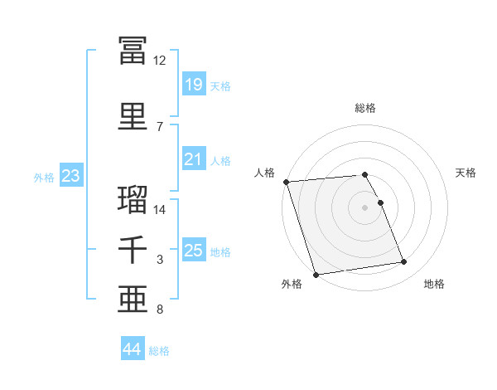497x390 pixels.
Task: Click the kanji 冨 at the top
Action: (x=133, y=50)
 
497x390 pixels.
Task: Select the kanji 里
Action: (x=133, y=116)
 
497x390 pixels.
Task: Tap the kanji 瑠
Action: (x=133, y=199)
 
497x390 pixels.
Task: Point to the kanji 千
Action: (x=133, y=250)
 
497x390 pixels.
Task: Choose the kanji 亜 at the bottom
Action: (x=133, y=300)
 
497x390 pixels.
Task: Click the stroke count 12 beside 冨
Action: (x=159, y=61)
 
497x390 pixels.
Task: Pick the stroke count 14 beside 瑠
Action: (x=159, y=210)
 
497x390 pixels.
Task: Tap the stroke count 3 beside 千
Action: (x=160, y=260)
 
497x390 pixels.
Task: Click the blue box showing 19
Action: (x=194, y=83)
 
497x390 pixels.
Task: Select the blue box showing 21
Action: (x=194, y=158)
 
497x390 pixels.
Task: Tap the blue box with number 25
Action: (x=194, y=249)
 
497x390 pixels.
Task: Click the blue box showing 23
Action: (x=71, y=175)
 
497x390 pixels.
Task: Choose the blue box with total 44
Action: (x=133, y=348)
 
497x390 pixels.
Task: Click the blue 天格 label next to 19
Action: (x=220, y=86)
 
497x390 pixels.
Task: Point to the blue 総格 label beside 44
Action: (x=159, y=351)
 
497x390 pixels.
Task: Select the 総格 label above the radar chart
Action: (x=365, y=108)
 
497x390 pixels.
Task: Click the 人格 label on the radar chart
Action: (x=264, y=173)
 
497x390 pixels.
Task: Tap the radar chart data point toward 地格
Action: (x=404, y=261)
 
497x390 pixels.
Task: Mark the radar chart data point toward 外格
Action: (x=316, y=275)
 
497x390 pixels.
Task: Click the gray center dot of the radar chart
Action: (x=364, y=207)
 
